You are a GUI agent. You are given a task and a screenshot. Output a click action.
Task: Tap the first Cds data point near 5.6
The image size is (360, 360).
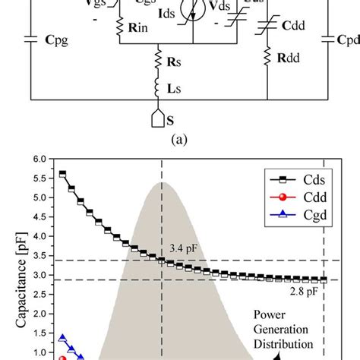[63, 174]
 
